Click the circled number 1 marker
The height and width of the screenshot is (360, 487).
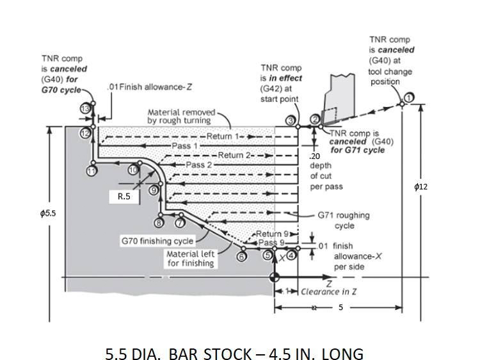pyautogui.click(x=408, y=97)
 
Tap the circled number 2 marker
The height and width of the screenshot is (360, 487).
pyautogui.click(x=314, y=120)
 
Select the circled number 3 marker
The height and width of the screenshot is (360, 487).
pyautogui.click(x=292, y=120)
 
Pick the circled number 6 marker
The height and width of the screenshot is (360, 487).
pyautogui.click(x=241, y=256)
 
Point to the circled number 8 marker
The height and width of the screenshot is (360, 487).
pyautogui.click(x=159, y=222)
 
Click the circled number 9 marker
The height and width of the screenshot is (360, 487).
pyautogui.click(x=154, y=190)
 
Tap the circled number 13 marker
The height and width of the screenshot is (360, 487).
pyautogui.click(x=84, y=108)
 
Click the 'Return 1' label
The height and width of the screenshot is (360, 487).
pyautogui.click(x=221, y=137)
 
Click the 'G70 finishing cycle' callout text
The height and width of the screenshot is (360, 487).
pyautogui.click(x=157, y=241)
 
